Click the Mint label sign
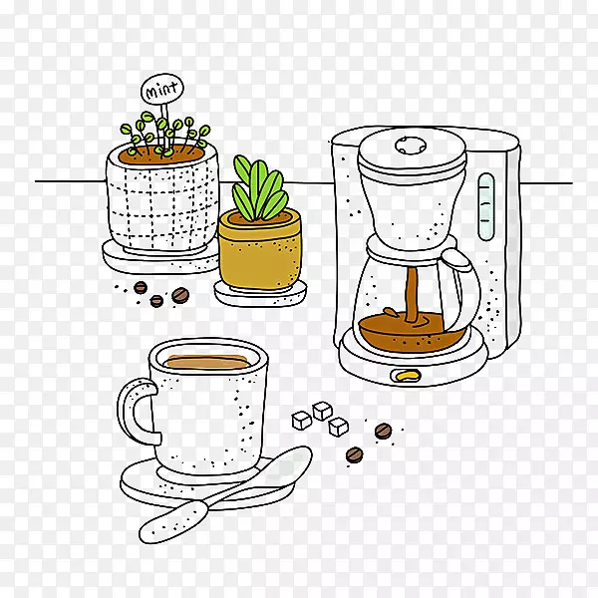coord(162,90)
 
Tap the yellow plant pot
coord(260,250)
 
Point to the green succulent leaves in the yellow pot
coord(259,188)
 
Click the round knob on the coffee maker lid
coord(411,146)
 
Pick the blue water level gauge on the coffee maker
coord(486,206)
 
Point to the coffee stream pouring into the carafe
coord(411,294)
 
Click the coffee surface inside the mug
coord(207,363)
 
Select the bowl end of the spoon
coord(287,467)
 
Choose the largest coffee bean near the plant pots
coord(180,295)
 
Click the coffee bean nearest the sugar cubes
coord(383,431)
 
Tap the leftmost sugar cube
coord(301,421)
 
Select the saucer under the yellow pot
coord(260,294)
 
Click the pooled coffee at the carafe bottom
coord(410,331)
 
